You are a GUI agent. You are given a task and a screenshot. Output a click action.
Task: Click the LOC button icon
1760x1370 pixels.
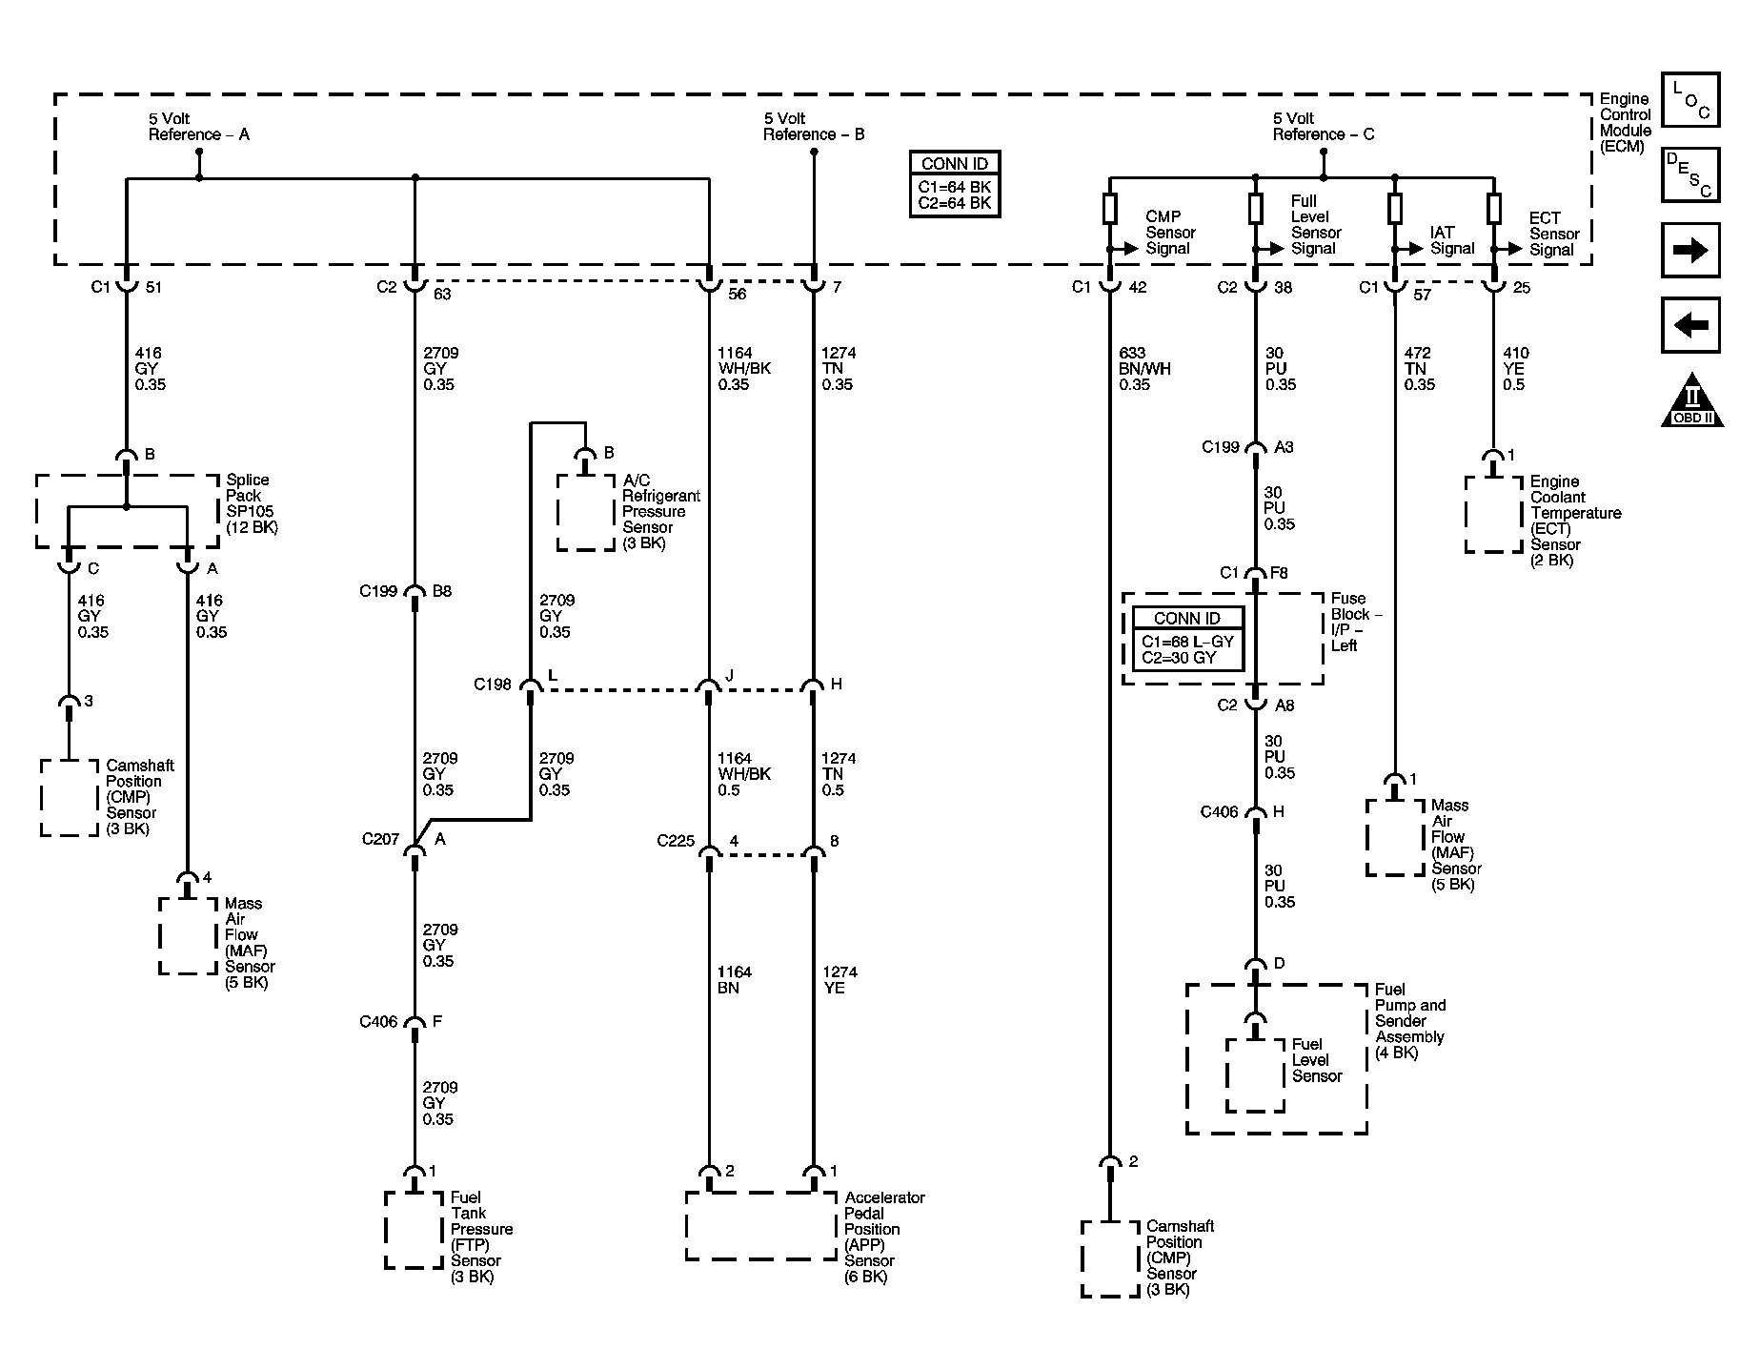tap(1690, 100)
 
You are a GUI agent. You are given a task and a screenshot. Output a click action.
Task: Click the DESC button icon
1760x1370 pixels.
tap(1690, 175)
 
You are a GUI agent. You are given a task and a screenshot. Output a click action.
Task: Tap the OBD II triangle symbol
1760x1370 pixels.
tap(1691, 401)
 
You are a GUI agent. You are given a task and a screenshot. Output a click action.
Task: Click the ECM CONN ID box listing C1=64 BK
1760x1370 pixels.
tap(955, 185)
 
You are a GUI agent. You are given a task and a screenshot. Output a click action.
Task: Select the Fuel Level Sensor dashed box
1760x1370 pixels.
tap(1255, 1074)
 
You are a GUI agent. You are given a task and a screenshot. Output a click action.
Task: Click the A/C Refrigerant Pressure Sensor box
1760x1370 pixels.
tap(586, 513)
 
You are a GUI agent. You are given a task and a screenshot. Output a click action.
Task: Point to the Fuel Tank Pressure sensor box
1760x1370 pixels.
tap(414, 1230)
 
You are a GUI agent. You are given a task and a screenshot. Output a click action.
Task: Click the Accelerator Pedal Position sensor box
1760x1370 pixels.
tap(760, 1226)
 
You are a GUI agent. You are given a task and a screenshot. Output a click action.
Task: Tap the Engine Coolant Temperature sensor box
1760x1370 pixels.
tap(1493, 515)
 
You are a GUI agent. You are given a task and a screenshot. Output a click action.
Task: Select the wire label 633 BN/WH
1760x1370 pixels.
tap(1143, 369)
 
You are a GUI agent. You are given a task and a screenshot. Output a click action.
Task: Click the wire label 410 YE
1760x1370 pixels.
tap(1514, 369)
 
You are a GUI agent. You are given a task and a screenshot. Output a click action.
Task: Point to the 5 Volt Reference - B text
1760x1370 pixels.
tap(813, 127)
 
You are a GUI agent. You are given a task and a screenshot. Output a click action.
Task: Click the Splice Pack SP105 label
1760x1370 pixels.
tap(251, 503)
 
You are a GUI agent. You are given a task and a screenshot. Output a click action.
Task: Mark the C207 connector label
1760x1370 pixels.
tap(380, 840)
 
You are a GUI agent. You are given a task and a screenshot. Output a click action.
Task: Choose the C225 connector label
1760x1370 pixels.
tap(676, 842)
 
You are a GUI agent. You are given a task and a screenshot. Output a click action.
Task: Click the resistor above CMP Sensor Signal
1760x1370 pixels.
tap(1109, 209)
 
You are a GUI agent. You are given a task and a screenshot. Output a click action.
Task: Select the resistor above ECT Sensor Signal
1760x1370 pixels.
tap(1493, 209)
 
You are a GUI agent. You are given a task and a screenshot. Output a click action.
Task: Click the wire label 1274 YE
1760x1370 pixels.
tap(840, 980)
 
